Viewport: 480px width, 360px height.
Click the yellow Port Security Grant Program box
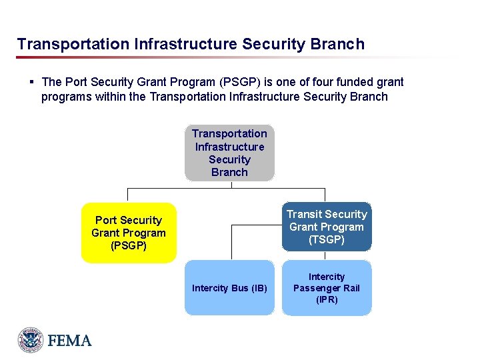(x=129, y=233)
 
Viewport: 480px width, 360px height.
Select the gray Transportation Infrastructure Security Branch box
(x=229, y=153)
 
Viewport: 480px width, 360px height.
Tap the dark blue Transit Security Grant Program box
(x=327, y=227)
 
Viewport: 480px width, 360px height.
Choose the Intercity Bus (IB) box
(x=229, y=288)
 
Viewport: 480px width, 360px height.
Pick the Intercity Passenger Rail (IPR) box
(x=327, y=288)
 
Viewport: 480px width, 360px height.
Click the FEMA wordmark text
(x=69, y=341)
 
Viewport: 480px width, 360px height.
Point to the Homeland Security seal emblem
(x=30, y=340)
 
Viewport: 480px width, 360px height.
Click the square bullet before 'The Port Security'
(x=31, y=82)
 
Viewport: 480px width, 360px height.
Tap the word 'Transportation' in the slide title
(x=73, y=45)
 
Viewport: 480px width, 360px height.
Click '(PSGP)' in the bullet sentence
(x=241, y=82)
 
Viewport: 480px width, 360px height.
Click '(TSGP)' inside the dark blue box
(x=327, y=239)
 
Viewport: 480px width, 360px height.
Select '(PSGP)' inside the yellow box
(x=129, y=245)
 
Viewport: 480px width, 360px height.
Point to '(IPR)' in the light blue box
(x=327, y=299)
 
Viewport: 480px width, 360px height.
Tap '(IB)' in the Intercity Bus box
(x=259, y=288)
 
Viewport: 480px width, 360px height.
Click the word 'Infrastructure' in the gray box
(x=229, y=147)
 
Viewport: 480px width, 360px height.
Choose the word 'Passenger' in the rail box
(x=317, y=288)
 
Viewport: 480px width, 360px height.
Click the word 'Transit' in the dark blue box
(x=304, y=214)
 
